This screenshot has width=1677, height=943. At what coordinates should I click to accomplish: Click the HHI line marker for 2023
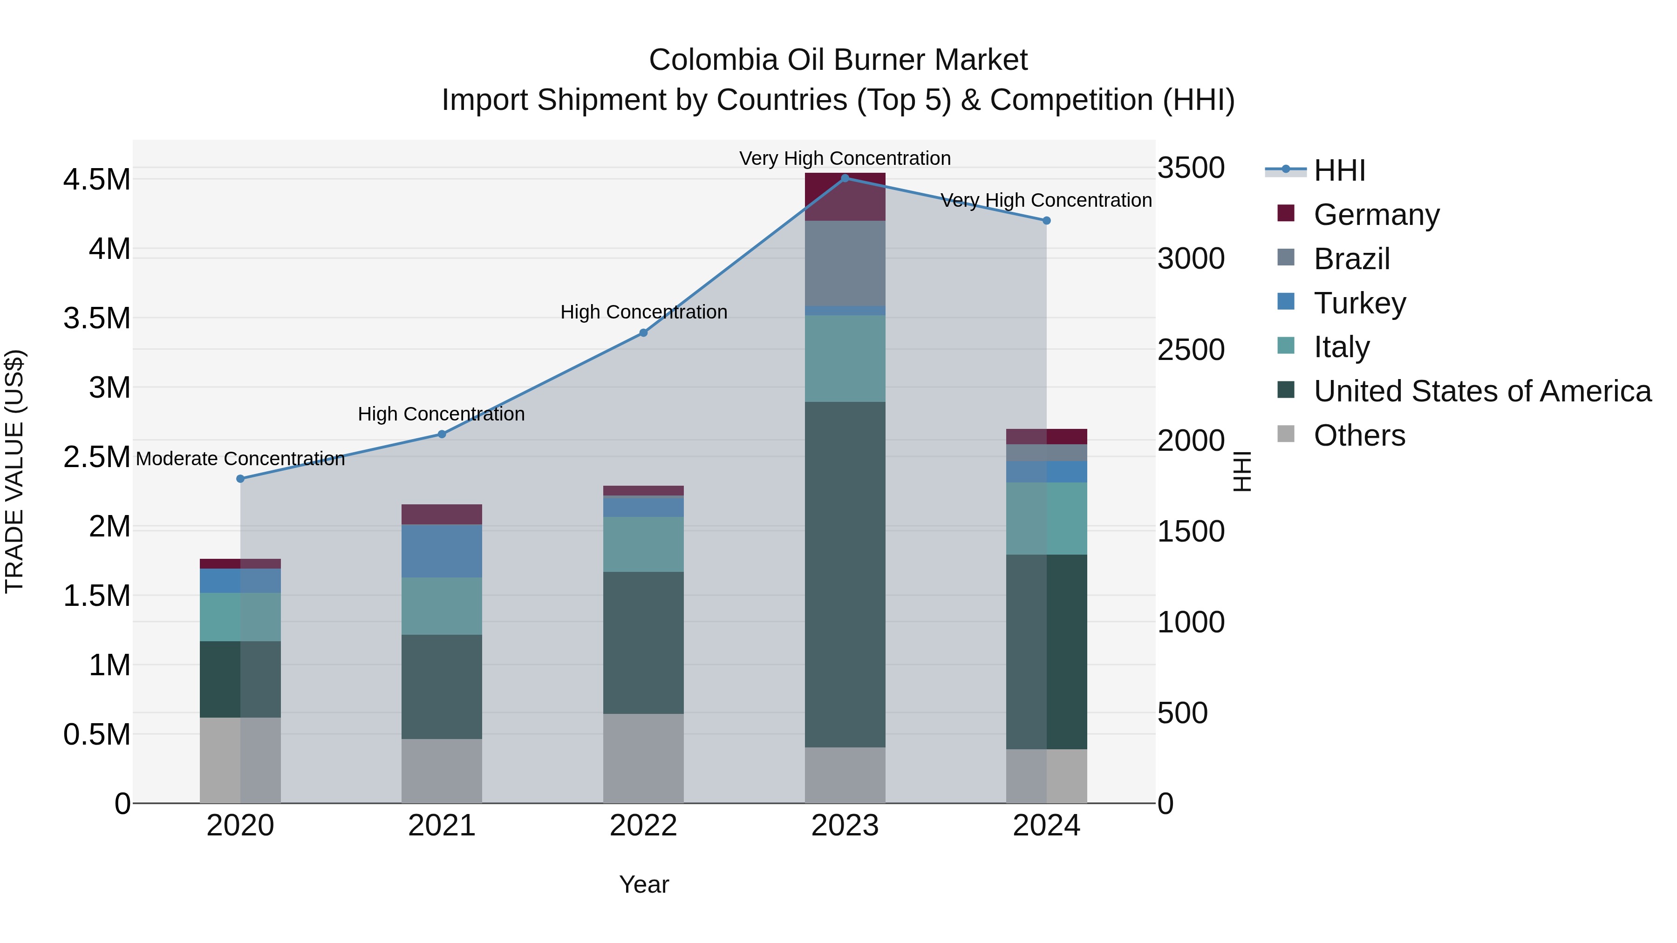point(845,178)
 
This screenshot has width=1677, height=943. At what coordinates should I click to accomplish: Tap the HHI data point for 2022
point(643,332)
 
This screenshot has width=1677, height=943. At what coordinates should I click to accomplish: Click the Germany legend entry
point(1376,215)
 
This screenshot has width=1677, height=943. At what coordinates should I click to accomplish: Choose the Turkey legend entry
point(1359,303)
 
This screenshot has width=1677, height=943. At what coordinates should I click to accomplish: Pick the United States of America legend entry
point(1482,391)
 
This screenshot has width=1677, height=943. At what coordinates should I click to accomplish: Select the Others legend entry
point(1359,435)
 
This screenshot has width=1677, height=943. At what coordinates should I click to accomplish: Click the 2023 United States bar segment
point(845,574)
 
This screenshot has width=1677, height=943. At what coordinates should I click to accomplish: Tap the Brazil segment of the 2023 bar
point(845,263)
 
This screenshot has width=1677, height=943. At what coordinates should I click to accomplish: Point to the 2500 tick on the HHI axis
point(1191,350)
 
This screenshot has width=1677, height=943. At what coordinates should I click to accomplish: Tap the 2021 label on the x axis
point(442,826)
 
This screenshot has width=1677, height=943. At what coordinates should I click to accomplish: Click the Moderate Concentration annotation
point(240,459)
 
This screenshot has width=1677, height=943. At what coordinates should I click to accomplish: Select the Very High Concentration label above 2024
point(1046,200)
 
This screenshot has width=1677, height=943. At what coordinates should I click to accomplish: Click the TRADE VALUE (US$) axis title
point(14,471)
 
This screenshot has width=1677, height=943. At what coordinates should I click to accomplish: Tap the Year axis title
point(643,884)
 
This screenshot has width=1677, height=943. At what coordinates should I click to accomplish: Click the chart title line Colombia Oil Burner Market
point(838,60)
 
